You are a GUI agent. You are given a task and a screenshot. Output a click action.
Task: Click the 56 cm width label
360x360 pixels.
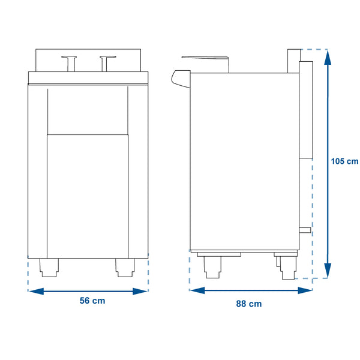point(92,301)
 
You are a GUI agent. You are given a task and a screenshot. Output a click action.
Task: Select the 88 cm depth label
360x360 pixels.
point(248,304)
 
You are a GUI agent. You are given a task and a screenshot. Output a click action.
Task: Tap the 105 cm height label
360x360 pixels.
point(344,161)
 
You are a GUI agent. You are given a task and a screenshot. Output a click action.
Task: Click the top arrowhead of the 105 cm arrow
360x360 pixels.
point(327,55)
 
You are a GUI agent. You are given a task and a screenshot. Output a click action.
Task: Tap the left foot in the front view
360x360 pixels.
point(49,268)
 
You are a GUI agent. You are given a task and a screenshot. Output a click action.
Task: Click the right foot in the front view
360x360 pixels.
point(125,268)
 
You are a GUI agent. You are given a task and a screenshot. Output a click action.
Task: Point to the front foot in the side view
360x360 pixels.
point(212,268)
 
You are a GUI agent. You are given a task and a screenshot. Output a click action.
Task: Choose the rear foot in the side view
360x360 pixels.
point(286,267)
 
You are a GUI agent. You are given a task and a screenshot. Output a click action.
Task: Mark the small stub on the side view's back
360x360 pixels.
point(305,230)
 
